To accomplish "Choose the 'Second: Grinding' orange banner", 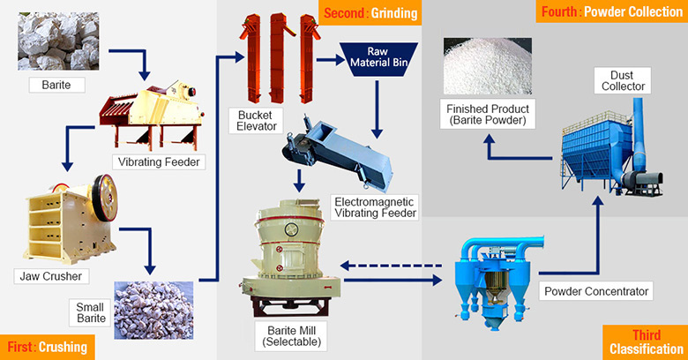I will (x=370, y=13).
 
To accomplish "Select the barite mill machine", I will (x=292, y=260).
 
